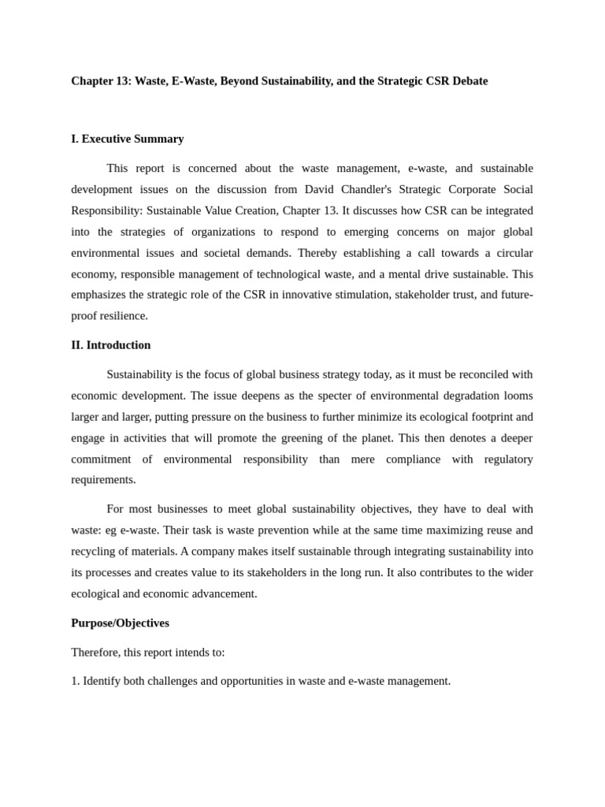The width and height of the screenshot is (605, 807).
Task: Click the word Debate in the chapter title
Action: [470, 81]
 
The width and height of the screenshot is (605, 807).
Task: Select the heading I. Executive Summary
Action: [128, 139]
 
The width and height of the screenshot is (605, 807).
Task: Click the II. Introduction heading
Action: [111, 345]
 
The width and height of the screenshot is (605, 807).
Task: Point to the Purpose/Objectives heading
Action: [120, 623]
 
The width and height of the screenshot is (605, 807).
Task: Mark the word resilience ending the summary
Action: [123, 316]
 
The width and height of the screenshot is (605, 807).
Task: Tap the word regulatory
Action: [508, 459]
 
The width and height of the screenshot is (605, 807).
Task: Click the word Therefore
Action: [95, 653]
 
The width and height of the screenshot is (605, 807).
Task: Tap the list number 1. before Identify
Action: [76, 681]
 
